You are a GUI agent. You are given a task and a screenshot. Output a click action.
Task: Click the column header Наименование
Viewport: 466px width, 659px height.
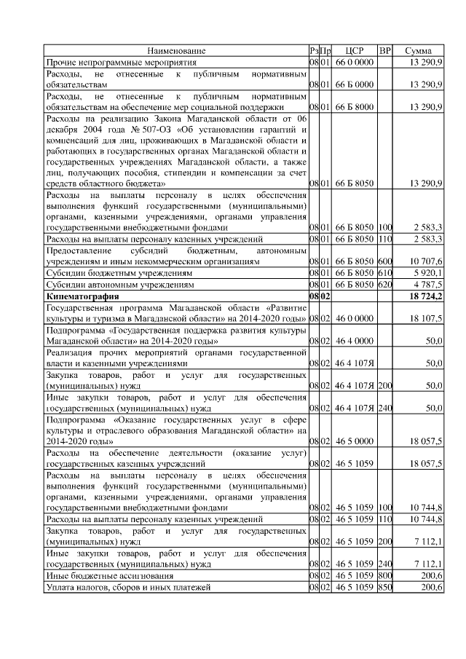[x=176, y=50]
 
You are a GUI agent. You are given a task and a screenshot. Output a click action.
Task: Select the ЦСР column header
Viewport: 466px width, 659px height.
[x=355, y=50]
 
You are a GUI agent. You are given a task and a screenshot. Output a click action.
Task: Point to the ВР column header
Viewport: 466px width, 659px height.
[x=385, y=50]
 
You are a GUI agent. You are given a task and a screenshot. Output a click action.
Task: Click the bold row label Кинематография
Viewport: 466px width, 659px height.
[x=82, y=297]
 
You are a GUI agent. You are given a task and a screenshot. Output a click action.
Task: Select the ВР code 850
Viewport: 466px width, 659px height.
[x=385, y=587]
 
